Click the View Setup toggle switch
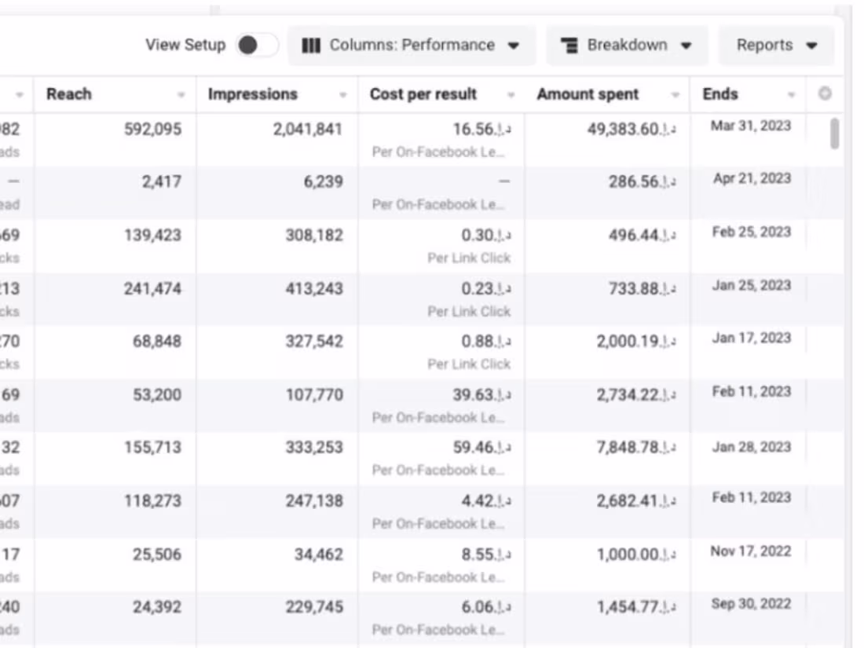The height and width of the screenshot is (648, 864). tap(257, 45)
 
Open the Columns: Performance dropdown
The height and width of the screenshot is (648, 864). tap(412, 45)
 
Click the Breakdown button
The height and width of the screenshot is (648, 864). tap(627, 45)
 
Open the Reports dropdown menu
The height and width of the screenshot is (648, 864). tap(776, 45)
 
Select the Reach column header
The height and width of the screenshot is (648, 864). tap(69, 94)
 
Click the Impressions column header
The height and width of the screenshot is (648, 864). tap(252, 94)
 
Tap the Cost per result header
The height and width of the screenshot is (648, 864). tap(423, 94)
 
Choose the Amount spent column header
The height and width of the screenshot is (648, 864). tap(588, 94)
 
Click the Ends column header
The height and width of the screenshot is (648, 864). tap(720, 94)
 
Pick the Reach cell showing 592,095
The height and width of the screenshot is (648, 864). tap(152, 129)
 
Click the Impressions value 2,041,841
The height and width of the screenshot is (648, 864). tap(308, 129)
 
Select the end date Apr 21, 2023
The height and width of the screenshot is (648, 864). tap(751, 178)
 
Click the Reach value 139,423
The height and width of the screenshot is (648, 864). tap(152, 235)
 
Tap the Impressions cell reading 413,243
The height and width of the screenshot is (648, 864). tap(314, 288)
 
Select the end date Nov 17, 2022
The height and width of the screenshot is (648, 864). tap(750, 551)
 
